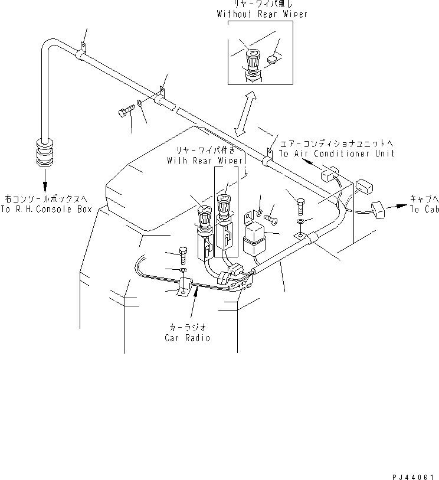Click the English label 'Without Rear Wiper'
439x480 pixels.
(x=262, y=14)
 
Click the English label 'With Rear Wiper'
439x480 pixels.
(x=205, y=161)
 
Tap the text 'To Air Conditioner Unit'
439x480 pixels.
(x=336, y=154)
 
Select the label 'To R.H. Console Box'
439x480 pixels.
(x=46, y=210)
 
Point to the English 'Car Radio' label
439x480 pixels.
(x=187, y=338)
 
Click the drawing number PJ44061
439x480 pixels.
(x=413, y=477)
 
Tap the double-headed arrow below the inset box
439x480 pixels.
(x=245, y=113)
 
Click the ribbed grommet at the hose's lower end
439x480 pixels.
(x=45, y=153)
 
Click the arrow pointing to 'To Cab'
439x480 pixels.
(x=397, y=207)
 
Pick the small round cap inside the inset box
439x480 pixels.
(x=273, y=59)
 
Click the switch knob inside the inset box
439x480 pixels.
(x=253, y=60)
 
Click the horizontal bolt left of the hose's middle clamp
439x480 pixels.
(x=126, y=110)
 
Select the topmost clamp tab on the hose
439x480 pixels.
(x=83, y=46)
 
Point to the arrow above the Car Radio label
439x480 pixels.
(x=194, y=303)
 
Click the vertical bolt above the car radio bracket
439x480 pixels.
(x=184, y=255)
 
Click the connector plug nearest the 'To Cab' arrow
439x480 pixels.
(x=378, y=210)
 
